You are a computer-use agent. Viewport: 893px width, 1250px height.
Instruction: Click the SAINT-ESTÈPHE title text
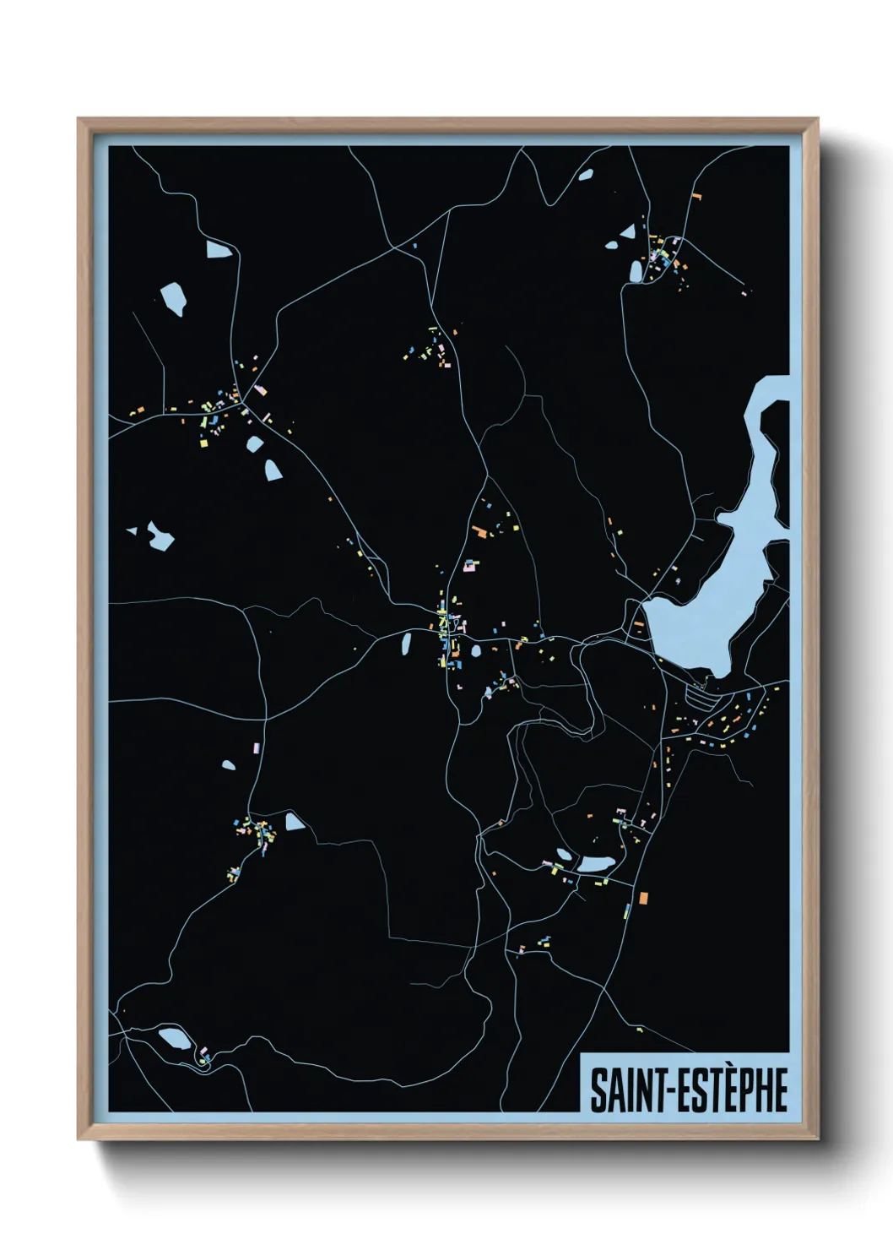point(688,1090)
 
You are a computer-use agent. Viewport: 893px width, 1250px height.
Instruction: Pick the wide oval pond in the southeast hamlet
point(596,864)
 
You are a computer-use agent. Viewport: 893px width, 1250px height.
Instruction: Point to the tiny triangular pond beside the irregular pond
point(132,531)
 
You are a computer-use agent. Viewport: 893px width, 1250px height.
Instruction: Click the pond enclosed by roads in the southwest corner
point(176,1037)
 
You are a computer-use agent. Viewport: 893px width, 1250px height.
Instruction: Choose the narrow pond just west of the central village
point(406,645)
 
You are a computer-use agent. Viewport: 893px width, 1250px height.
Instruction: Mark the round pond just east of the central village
point(476,651)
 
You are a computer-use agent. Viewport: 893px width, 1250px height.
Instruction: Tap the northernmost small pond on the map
point(585,175)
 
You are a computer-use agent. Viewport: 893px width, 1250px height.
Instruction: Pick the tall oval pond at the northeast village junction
point(636,271)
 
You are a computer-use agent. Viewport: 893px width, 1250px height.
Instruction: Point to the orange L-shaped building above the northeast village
point(696,195)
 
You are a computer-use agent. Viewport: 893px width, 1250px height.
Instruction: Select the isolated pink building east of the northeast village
point(744,293)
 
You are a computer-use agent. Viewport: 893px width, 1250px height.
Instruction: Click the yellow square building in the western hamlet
point(203,443)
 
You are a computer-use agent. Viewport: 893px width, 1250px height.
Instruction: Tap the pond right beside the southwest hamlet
point(294,821)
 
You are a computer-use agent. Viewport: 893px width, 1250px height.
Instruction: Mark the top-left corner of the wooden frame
point(78,119)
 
